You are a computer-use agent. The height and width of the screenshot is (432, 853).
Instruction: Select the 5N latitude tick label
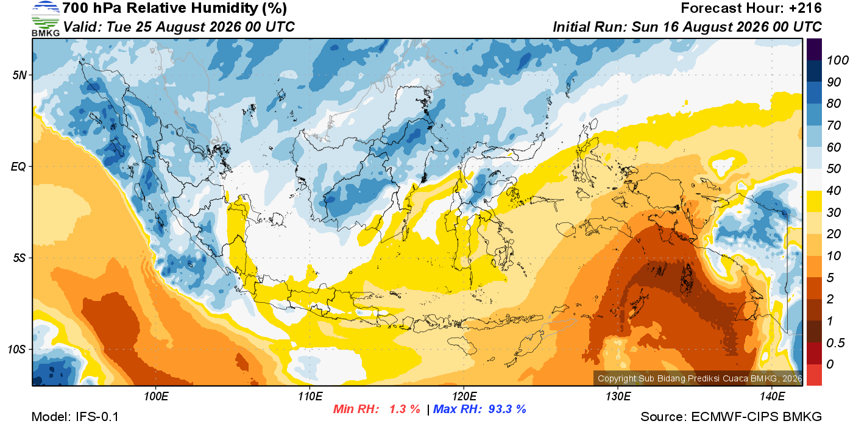pyautogui.click(x=19, y=75)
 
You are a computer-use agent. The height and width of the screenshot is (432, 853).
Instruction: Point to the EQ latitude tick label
pyautogui.click(x=18, y=166)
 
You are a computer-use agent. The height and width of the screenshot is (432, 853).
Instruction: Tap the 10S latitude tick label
pyautogui.click(x=17, y=349)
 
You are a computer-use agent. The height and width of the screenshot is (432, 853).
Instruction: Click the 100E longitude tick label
pyautogui.click(x=156, y=396)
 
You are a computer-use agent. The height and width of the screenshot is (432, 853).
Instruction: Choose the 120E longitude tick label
pyautogui.click(x=464, y=396)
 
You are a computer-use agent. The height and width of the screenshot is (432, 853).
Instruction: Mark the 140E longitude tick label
pyautogui.click(x=773, y=396)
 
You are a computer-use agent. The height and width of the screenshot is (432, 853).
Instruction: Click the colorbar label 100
pyautogui.click(x=837, y=60)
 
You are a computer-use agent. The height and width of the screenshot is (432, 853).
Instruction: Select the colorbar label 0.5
pyautogui.click(x=835, y=343)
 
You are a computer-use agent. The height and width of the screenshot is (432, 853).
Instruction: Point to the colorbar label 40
pyautogui.click(x=834, y=191)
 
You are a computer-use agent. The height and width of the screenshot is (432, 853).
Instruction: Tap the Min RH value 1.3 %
pyautogui.click(x=405, y=409)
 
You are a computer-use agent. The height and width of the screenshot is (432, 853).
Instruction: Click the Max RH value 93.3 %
pyautogui.click(x=507, y=409)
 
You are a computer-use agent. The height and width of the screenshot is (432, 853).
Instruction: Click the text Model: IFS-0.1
pyautogui.click(x=75, y=417)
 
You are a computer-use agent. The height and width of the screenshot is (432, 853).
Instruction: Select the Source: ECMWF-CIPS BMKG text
pyautogui.click(x=731, y=417)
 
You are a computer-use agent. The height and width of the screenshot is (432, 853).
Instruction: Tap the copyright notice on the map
pyautogui.click(x=700, y=378)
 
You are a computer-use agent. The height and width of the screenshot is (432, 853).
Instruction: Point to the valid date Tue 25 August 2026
pyautogui.click(x=173, y=27)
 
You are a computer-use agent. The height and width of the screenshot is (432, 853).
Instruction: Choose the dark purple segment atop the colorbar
pyautogui.click(x=814, y=49)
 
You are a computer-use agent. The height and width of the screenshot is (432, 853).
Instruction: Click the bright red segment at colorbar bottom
pyautogui.click(x=814, y=375)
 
